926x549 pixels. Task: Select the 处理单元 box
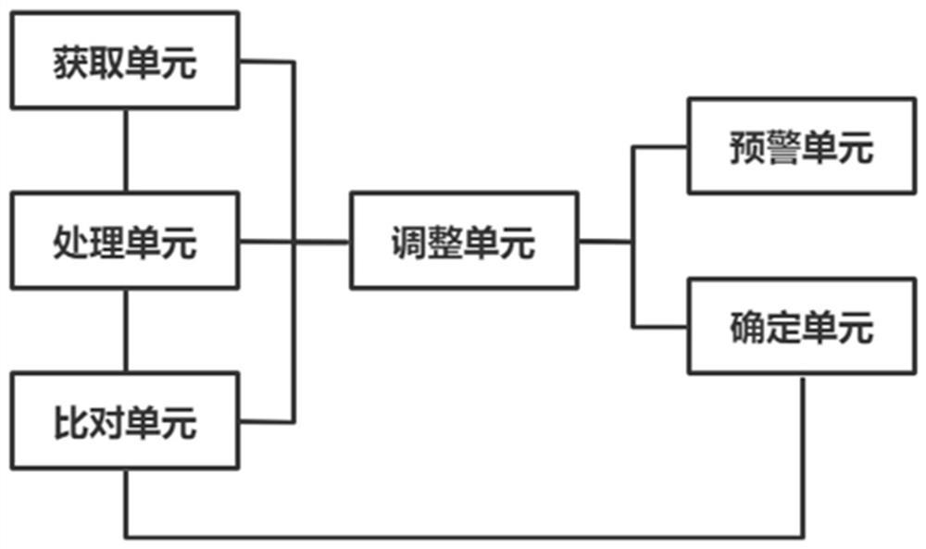point(124,243)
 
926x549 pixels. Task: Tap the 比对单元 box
point(124,422)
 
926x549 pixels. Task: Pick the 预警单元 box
point(801,146)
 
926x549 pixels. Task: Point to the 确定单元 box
point(801,327)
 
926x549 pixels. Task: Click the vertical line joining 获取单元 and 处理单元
point(124,147)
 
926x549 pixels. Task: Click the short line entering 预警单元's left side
point(660,146)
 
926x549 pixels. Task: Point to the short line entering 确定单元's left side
point(660,326)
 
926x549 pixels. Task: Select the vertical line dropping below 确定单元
point(802,454)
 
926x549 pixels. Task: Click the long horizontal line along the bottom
point(463,536)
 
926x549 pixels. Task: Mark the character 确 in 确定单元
point(746,328)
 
